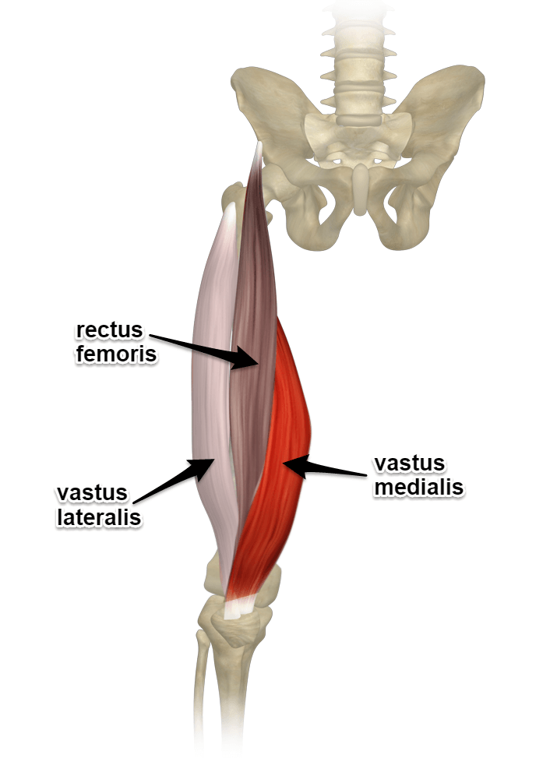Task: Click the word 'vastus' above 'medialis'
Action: point(409,464)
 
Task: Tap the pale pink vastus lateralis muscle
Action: point(206,389)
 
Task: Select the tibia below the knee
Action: point(234,686)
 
